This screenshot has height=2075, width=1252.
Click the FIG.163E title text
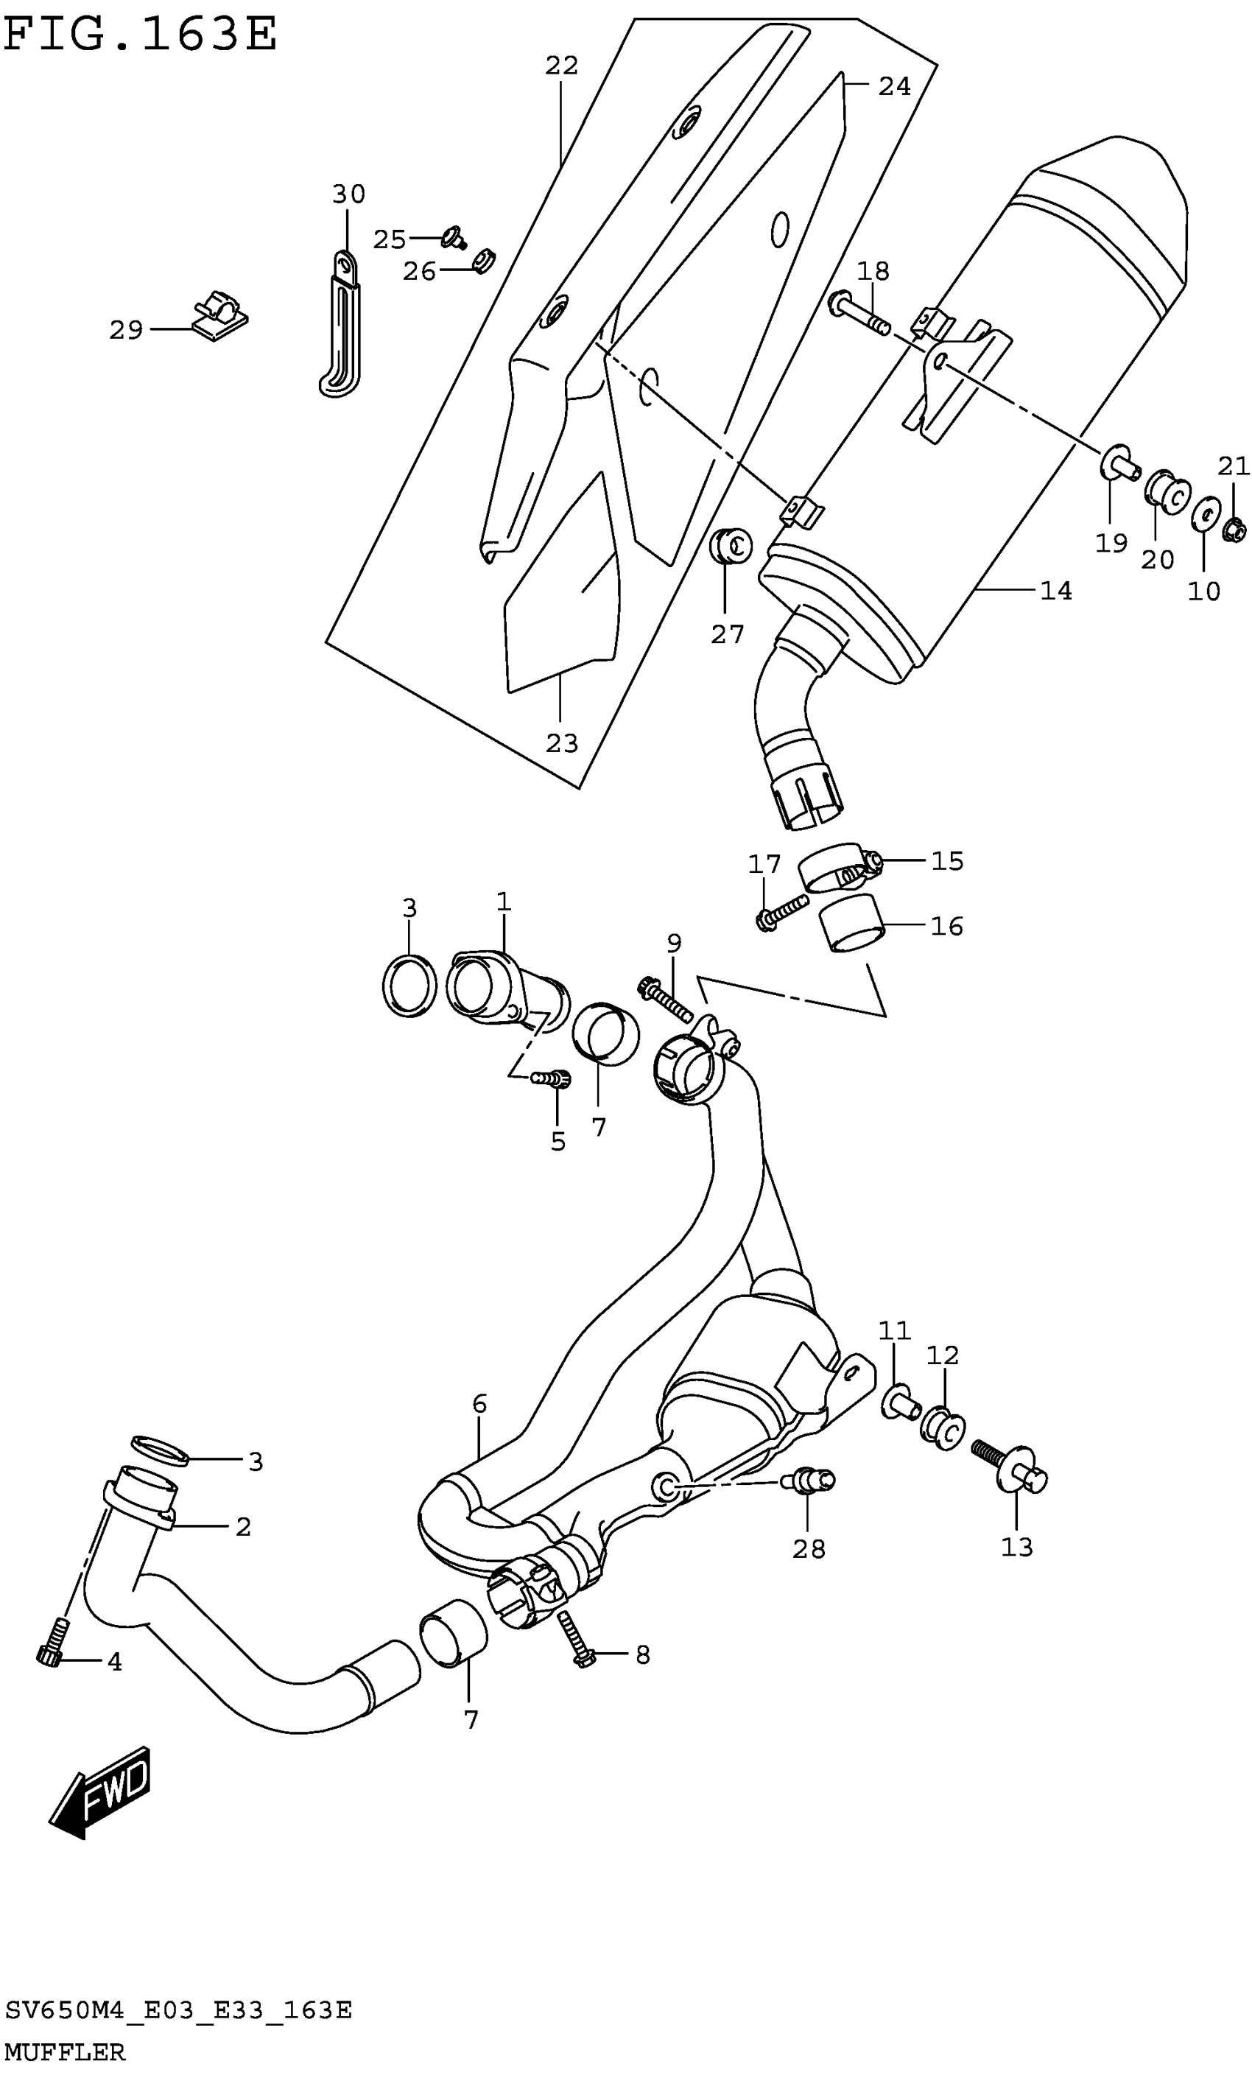(141, 35)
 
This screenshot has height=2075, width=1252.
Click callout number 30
(348, 194)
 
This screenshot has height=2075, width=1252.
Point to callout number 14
(1056, 591)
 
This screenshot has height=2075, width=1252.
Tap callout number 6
(479, 1404)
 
